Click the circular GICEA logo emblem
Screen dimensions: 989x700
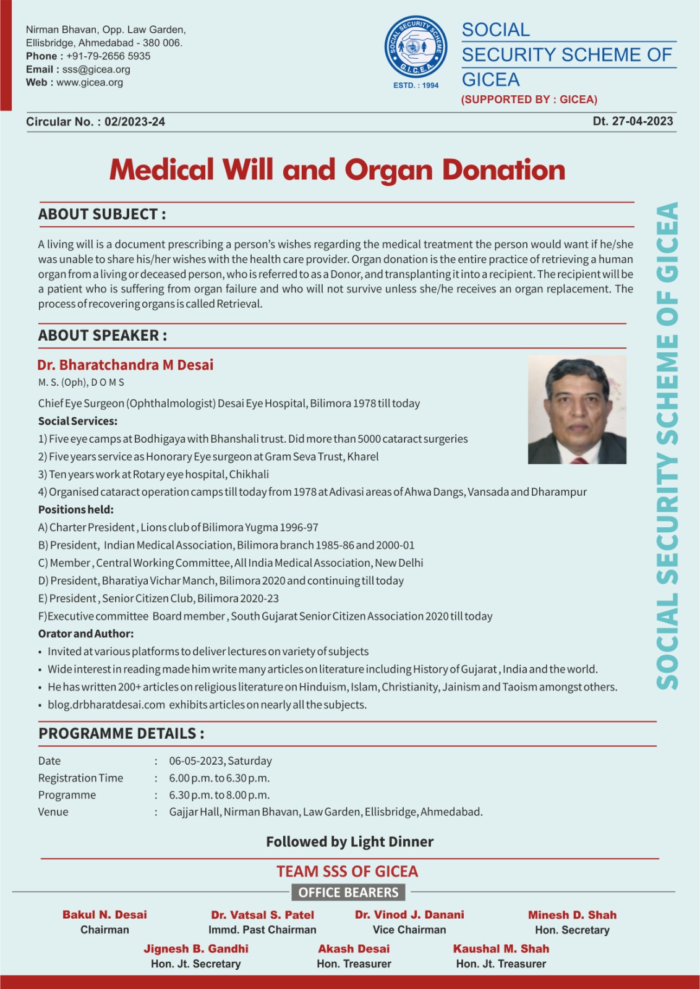416,48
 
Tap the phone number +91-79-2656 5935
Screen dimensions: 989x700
108,56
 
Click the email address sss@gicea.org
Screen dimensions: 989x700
96,69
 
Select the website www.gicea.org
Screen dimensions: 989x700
90,82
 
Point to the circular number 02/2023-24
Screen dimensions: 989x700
135,122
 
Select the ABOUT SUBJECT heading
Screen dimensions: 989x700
102,214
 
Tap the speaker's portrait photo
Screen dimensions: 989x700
577,410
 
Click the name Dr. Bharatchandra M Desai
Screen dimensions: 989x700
125,365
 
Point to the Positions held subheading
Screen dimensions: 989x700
76,510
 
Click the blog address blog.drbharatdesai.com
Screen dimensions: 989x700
106,705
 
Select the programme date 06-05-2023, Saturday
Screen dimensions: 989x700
220,761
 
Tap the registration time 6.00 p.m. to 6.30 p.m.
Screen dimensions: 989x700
220,778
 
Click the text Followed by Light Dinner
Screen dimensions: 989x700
349,842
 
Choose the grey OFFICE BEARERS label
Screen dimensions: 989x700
348,893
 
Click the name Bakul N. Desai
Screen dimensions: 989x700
105,915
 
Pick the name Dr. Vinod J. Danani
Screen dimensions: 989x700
409,915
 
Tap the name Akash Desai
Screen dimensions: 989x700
354,949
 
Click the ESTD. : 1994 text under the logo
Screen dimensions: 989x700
416,85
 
